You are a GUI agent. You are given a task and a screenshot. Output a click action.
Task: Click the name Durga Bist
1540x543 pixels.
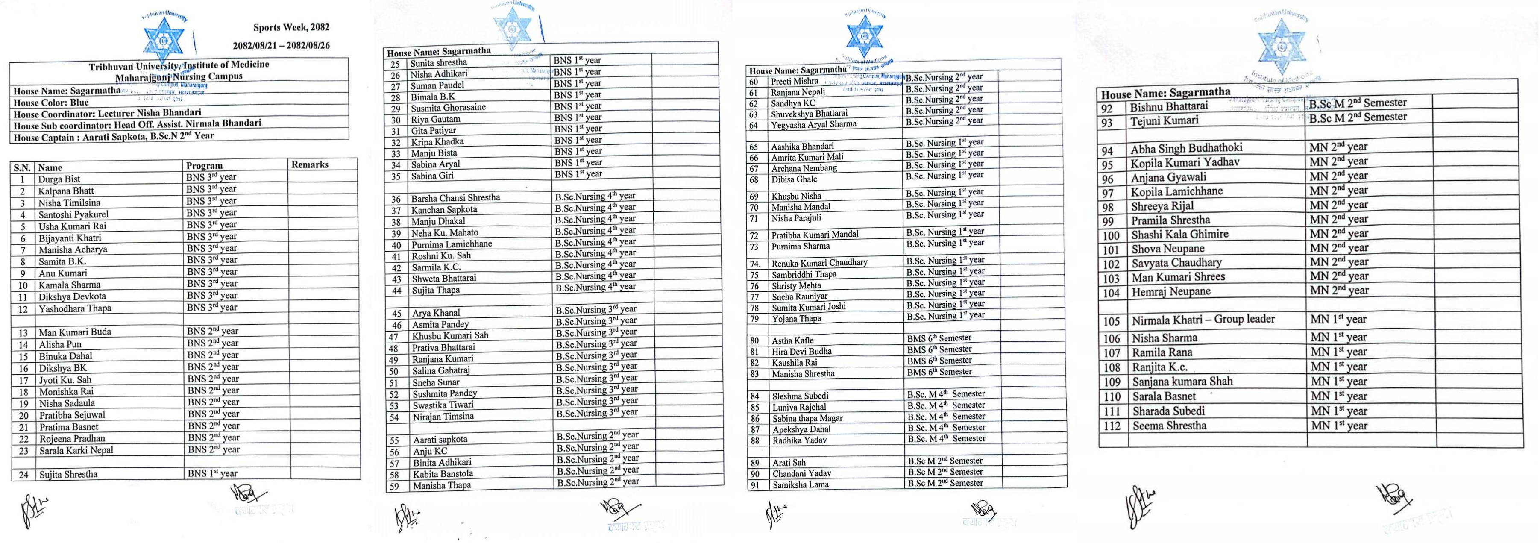pos(59,179)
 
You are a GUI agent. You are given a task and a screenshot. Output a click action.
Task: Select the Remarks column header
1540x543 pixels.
pos(310,164)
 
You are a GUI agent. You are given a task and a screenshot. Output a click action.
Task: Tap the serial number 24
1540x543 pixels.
pos(23,475)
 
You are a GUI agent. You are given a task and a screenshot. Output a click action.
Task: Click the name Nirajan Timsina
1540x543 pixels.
pos(443,416)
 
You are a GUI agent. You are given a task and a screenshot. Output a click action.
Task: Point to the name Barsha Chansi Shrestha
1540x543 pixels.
pos(455,198)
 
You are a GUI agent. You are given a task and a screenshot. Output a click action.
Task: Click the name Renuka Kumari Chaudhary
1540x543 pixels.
pos(819,263)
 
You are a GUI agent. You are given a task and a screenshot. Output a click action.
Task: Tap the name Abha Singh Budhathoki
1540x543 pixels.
pos(1186,148)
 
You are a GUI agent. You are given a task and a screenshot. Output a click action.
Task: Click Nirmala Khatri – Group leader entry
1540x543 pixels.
pos(1203,320)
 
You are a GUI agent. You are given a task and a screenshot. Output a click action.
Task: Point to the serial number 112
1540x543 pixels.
pos(1112,426)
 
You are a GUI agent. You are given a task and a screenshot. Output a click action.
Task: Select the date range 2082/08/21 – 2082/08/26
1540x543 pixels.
pos(281,45)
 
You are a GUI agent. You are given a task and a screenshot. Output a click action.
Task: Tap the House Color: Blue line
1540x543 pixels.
pos(51,103)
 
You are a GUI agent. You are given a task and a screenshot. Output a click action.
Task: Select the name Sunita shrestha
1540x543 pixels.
pos(438,63)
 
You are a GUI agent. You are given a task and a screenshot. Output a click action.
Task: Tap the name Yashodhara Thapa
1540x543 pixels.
pos(75,308)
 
